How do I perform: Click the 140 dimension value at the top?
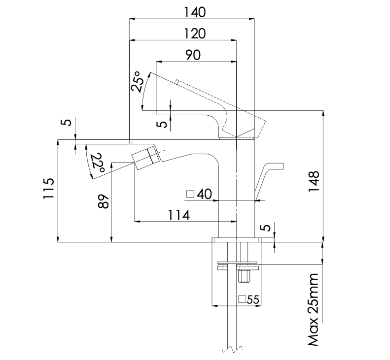tap(195, 12)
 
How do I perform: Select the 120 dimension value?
tap(195, 33)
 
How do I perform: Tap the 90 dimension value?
tap(193, 55)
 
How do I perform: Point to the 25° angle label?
tap(137, 82)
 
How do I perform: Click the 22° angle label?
tap(97, 163)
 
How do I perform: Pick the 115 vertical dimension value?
tap(48, 188)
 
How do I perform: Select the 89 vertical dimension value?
tap(104, 201)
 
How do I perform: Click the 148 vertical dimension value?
tap(314, 181)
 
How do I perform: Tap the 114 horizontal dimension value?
tap(179, 215)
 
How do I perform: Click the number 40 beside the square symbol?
tap(204, 194)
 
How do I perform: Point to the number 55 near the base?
tap(253, 299)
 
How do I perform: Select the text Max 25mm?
tap(314, 310)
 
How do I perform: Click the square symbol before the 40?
tap(190, 194)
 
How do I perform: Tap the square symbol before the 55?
tap(242, 299)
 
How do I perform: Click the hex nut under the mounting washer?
tap(244, 276)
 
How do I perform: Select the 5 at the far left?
tap(68, 122)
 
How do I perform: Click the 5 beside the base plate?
tap(266, 228)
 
